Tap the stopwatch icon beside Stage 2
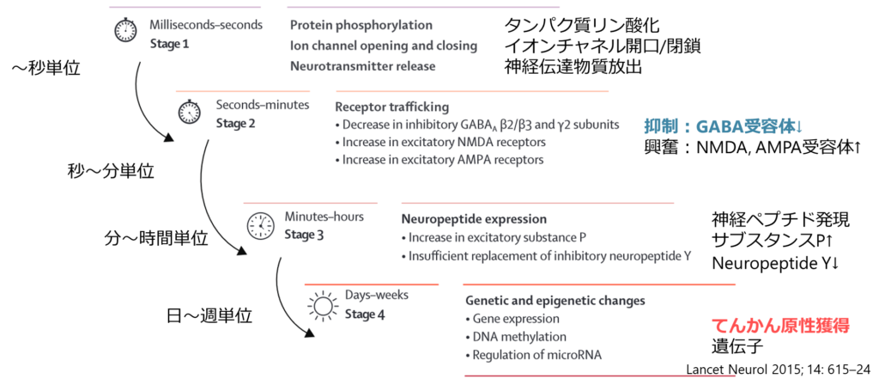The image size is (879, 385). (x=189, y=112)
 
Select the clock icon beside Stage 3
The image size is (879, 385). (x=258, y=225)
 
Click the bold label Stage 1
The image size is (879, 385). (x=169, y=44)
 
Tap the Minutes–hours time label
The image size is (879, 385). (x=324, y=217)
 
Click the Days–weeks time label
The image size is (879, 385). (x=377, y=295)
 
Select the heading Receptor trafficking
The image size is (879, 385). (x=391, y=107)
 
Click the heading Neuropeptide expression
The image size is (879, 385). (x=474, y=219)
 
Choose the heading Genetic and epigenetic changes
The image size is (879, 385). (x=555, y=301)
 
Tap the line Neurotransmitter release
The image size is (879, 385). (x=362, y=65)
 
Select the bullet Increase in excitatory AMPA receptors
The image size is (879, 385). (x=442, y=160)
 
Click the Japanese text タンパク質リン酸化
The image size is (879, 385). (x=582, y=25)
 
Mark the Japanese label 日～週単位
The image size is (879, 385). (x=209, y=316)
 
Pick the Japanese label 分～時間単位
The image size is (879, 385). (x=155, y=238)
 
